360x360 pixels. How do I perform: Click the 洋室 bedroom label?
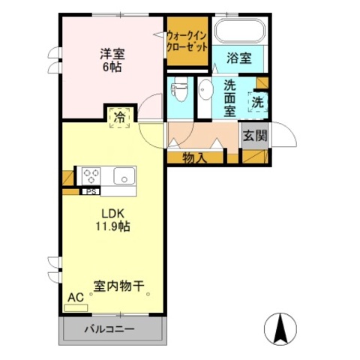[112, 54]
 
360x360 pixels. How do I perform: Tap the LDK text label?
[112, 214]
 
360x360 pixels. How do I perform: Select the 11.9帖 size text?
[112, 226]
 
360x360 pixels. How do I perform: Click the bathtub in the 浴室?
[240, 31]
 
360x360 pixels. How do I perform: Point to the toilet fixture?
[179, 89]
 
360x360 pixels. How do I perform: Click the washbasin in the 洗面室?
[205, 91]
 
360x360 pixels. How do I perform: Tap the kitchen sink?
[124, 176]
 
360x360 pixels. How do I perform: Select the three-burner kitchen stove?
[91, 176]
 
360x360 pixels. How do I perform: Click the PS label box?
[91, 192]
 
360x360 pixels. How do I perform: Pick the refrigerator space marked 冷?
[120, 118]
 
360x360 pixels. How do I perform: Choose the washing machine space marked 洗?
[258, 102]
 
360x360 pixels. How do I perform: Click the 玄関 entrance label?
[255, 136]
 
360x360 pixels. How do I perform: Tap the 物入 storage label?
[194, 158]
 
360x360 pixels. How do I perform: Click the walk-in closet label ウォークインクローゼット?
[187, 41]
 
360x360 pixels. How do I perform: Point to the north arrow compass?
[280, 328]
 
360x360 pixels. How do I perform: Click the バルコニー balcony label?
[109, 328]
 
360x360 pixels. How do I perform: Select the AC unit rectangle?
[76, 308]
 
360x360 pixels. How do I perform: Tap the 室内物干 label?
[119, 286]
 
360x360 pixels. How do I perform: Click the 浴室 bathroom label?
[239, 58]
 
